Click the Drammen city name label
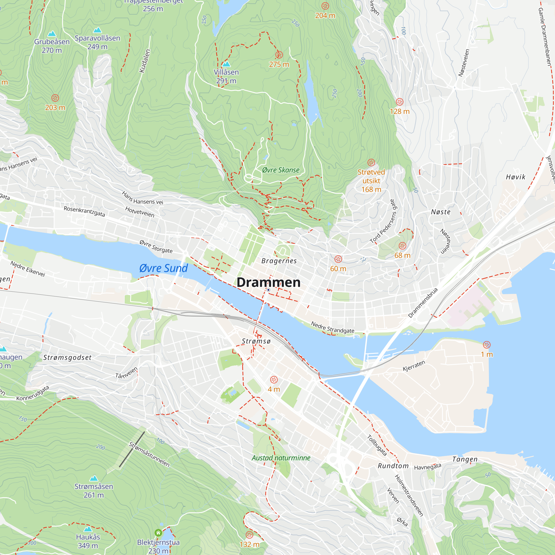coord(268,282)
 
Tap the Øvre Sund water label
coord(163,268)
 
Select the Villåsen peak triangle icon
coord(226,64)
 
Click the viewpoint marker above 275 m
coord(279,55)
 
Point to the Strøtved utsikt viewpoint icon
coord(371,163)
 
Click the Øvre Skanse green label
coord(281,170)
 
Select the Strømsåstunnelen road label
coord(149,455)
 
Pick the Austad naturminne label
coord(281,458)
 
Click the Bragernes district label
coord(279,261)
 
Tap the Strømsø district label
coord(256,341)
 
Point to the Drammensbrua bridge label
coord(423,302)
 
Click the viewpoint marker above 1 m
coord(487,345)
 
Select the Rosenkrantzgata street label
coord(84,211)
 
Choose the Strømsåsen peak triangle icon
coord(94,478)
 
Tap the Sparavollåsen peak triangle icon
coord(97,30)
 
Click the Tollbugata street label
coord(377,445)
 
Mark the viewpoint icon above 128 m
coord(400,102)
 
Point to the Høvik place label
coord(515,177)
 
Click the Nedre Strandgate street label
coord(332,327)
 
